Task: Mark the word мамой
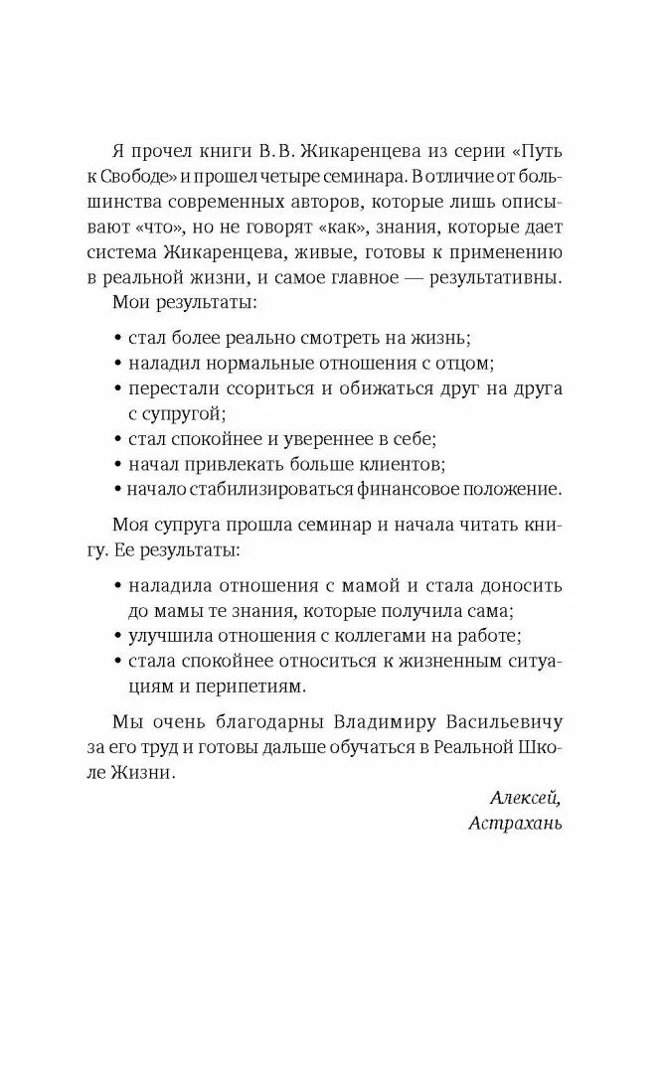(x=363, y=584)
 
